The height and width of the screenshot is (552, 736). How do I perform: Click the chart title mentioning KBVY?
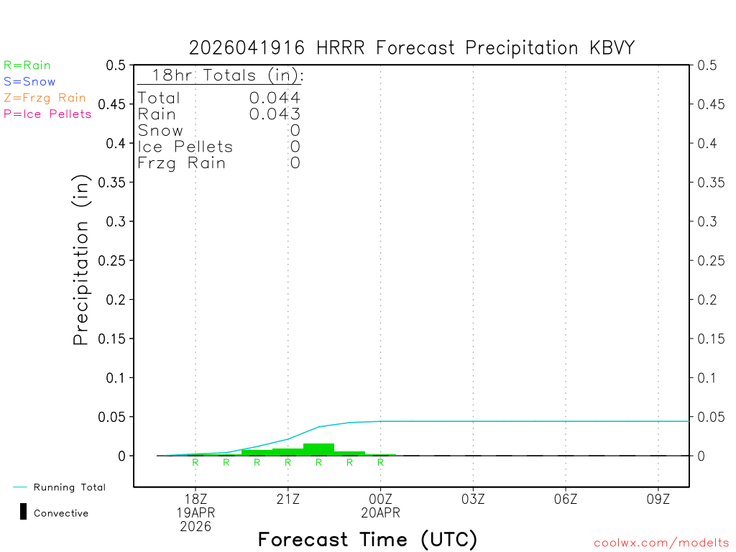point(412,48)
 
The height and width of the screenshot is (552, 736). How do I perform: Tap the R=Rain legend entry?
point(27,65)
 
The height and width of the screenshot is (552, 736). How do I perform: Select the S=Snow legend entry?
point(29,82)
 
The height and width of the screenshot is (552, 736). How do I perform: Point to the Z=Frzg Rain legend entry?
point(45,98)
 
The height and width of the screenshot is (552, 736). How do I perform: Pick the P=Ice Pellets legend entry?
point(47,114)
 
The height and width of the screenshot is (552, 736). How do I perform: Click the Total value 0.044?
point(275,98)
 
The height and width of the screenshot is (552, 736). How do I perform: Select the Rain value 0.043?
point(275,114)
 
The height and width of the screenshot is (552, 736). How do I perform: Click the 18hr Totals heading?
point(227,75)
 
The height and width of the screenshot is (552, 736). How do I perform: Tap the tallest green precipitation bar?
point(318,449)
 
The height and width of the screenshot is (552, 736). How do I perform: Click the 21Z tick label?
point(288,499)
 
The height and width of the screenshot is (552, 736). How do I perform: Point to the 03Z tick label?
point(473,499)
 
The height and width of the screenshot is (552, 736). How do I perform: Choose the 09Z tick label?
point(658,499)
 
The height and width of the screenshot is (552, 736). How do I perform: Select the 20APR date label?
point(381,512)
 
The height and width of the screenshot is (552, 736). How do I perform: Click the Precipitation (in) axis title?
point(81,260)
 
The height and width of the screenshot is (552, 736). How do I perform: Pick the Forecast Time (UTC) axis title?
point(367,539)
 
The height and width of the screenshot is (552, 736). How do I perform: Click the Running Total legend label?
point(69,487)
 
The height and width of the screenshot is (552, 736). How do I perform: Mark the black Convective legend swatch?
point(24,512)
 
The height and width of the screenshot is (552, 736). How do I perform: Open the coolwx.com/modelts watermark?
point(661,543)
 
